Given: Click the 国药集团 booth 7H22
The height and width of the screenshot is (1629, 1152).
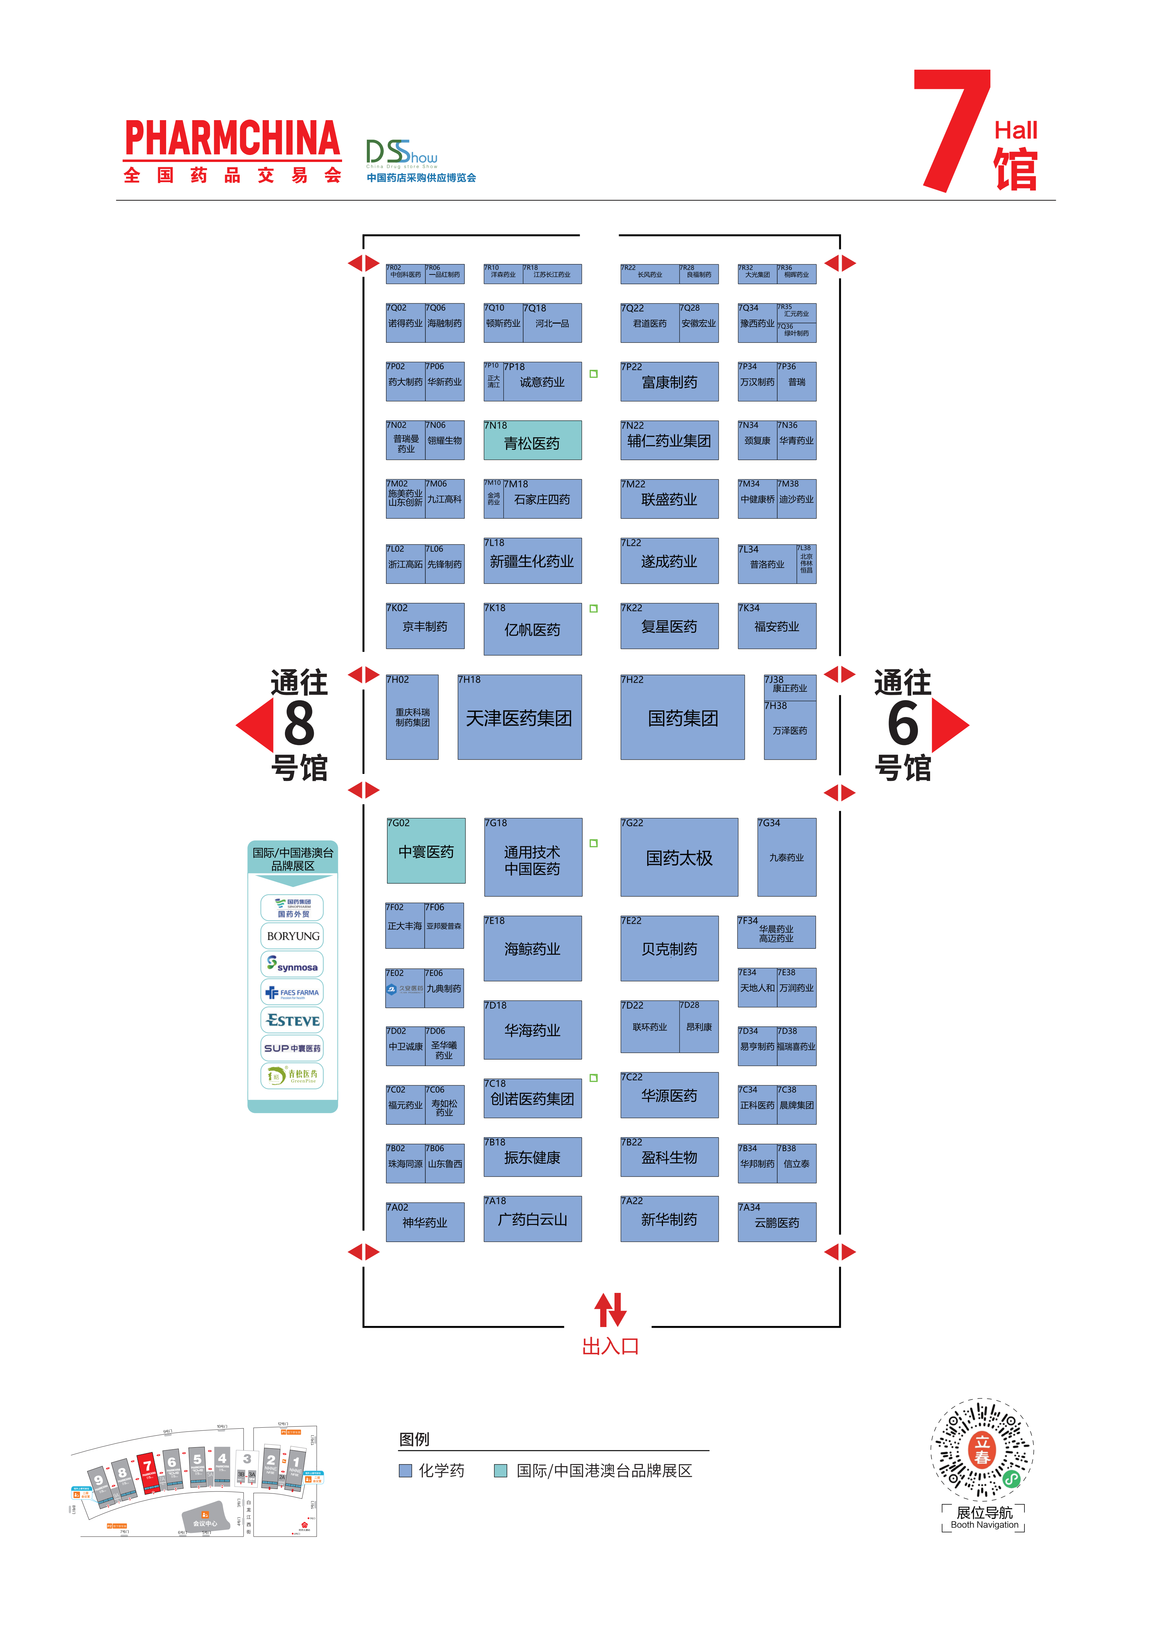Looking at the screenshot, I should click(682, 717).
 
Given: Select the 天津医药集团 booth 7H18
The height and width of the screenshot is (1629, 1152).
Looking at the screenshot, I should click(519, 717).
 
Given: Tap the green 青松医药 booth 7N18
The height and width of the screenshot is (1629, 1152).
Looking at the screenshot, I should click(532, 441).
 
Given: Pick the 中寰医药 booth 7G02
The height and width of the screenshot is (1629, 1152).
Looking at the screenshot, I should click(426, 851).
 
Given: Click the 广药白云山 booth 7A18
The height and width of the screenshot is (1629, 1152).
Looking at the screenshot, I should click(532, 1219).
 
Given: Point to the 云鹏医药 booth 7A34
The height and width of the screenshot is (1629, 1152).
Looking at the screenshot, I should click(776, 1222).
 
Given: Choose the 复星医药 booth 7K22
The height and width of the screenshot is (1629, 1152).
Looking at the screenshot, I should click(668, 626).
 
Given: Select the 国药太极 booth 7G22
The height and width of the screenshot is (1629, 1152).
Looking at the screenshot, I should click(679, 857).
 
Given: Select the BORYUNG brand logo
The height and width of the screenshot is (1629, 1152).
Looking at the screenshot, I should click(292, 936).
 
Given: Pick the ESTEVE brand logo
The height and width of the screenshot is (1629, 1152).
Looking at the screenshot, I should click(292, 1020).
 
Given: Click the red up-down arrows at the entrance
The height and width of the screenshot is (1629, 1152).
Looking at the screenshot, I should click(610, 1310).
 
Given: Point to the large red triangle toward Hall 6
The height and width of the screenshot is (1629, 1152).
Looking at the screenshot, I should click(949, 724).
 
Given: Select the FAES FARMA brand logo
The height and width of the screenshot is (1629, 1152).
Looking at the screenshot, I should click(292, 992).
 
